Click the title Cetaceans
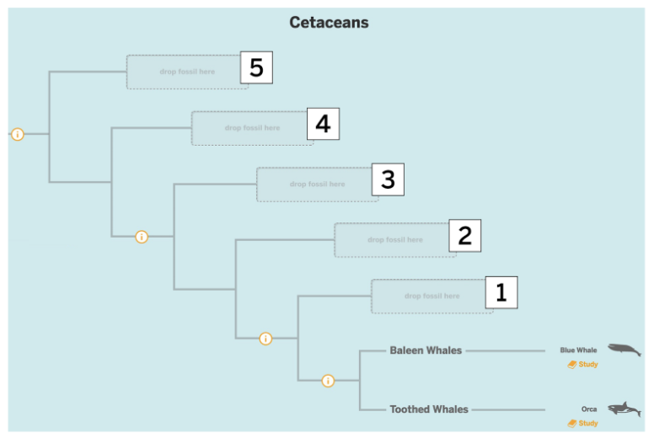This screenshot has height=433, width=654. [329, 23]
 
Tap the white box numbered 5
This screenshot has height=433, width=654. [256, 67]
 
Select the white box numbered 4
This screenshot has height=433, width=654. [323, 125]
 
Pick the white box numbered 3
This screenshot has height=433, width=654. [388, 179]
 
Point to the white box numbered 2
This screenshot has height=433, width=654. [464, 236]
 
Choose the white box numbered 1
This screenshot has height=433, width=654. [501, 292]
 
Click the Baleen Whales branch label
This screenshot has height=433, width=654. [426, 350]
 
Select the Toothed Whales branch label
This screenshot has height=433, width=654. [428, 409]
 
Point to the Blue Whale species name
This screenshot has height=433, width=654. [578, 350]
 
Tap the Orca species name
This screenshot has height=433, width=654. [589, 409]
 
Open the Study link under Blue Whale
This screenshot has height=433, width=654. [583, 365]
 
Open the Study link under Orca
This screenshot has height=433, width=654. [583, 423]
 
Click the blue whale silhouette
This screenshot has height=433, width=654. [625, 350]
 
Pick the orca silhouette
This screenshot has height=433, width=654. [625, 409]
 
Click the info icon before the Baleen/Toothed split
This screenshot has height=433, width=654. [328, 381]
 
